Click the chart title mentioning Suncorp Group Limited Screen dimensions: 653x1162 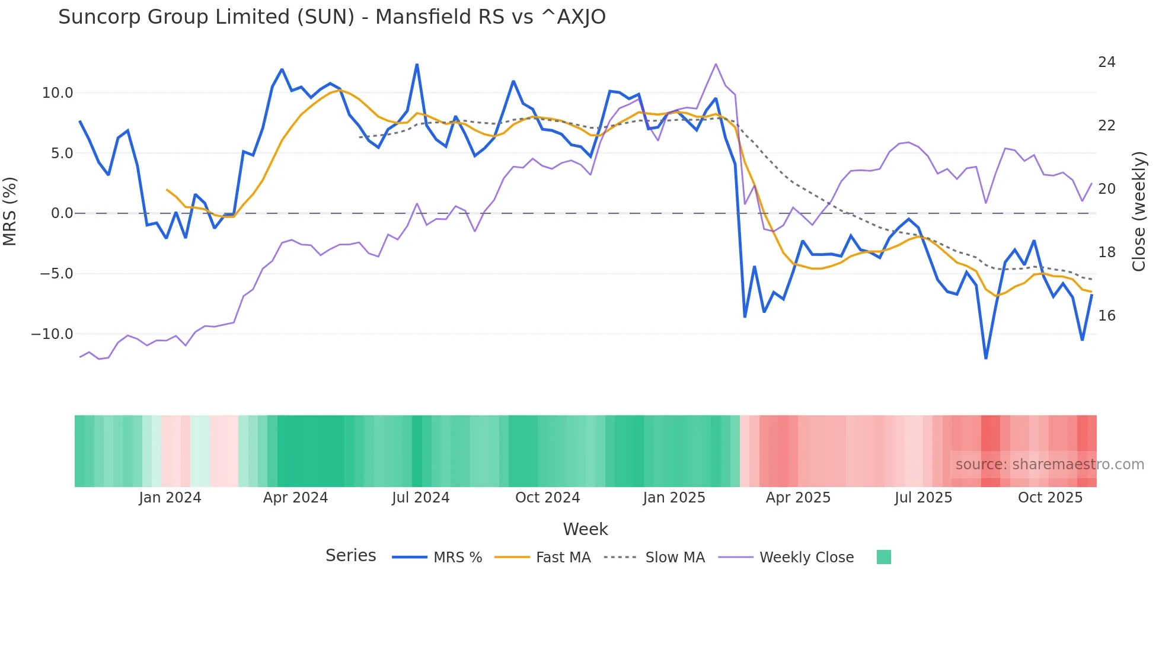pos(331,17)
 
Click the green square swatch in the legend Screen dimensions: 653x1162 pos(883,557)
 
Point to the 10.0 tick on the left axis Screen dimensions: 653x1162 pos(58,93)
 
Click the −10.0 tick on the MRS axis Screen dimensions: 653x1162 pos(52,334)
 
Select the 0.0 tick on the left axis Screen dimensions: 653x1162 pos(62,213)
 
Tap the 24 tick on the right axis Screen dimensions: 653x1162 pos(1106,62)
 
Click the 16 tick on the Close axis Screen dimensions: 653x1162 pos(1106,316)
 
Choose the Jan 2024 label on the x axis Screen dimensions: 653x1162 pos(170,498)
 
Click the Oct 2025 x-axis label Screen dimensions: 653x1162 pos(1050,498)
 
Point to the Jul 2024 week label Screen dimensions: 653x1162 pos(420,498)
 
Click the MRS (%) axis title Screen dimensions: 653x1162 pos(10,212)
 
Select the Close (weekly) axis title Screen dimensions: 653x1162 pos(1138,212)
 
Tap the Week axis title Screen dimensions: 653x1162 pos(585,529)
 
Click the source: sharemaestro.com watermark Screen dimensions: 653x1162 pos(1049,465)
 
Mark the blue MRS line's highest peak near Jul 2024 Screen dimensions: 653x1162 pos(417,65)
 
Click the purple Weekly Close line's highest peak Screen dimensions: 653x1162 pos(716,64)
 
